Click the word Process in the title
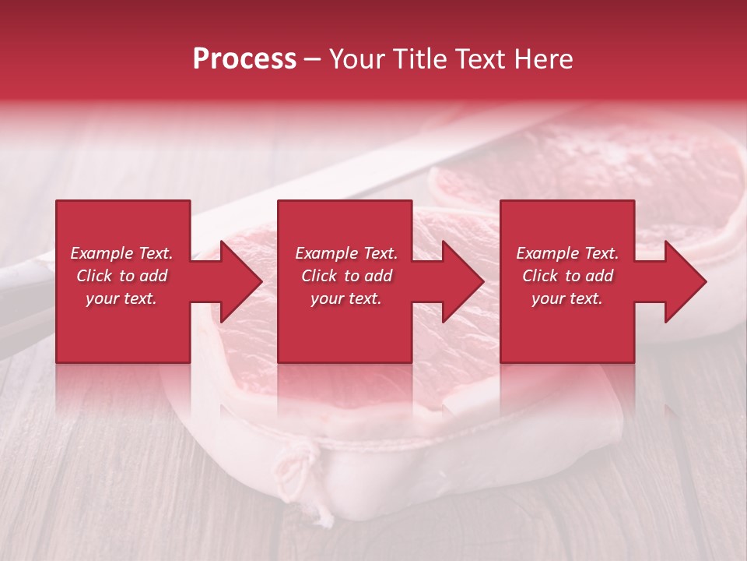[x=244, y=59]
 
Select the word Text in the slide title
[x=475, y=59]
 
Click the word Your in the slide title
[x=356, y=59]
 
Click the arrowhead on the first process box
[x=241, y=281]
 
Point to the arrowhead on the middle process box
[x=464, y=281]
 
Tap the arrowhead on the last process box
[x=686, y=281]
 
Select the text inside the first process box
[x=121, y=276]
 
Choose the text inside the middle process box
[x=345, y=276]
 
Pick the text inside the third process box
[x=567, y=276]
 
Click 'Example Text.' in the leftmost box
[x=121, y=253]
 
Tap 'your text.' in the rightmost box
[x=567, y=298]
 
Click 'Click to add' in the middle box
[x=345, y=276]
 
